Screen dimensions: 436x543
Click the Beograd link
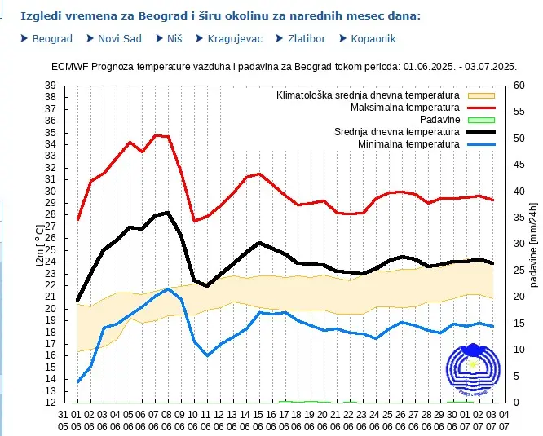52,38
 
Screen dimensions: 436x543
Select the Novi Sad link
119,38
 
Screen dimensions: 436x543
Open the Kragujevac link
236,38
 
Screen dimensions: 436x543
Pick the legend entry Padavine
437,120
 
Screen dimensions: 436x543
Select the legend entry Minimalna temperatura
408,144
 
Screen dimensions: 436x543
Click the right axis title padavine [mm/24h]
534,244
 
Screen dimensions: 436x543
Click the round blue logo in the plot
472,368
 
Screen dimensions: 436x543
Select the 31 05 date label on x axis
64,421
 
